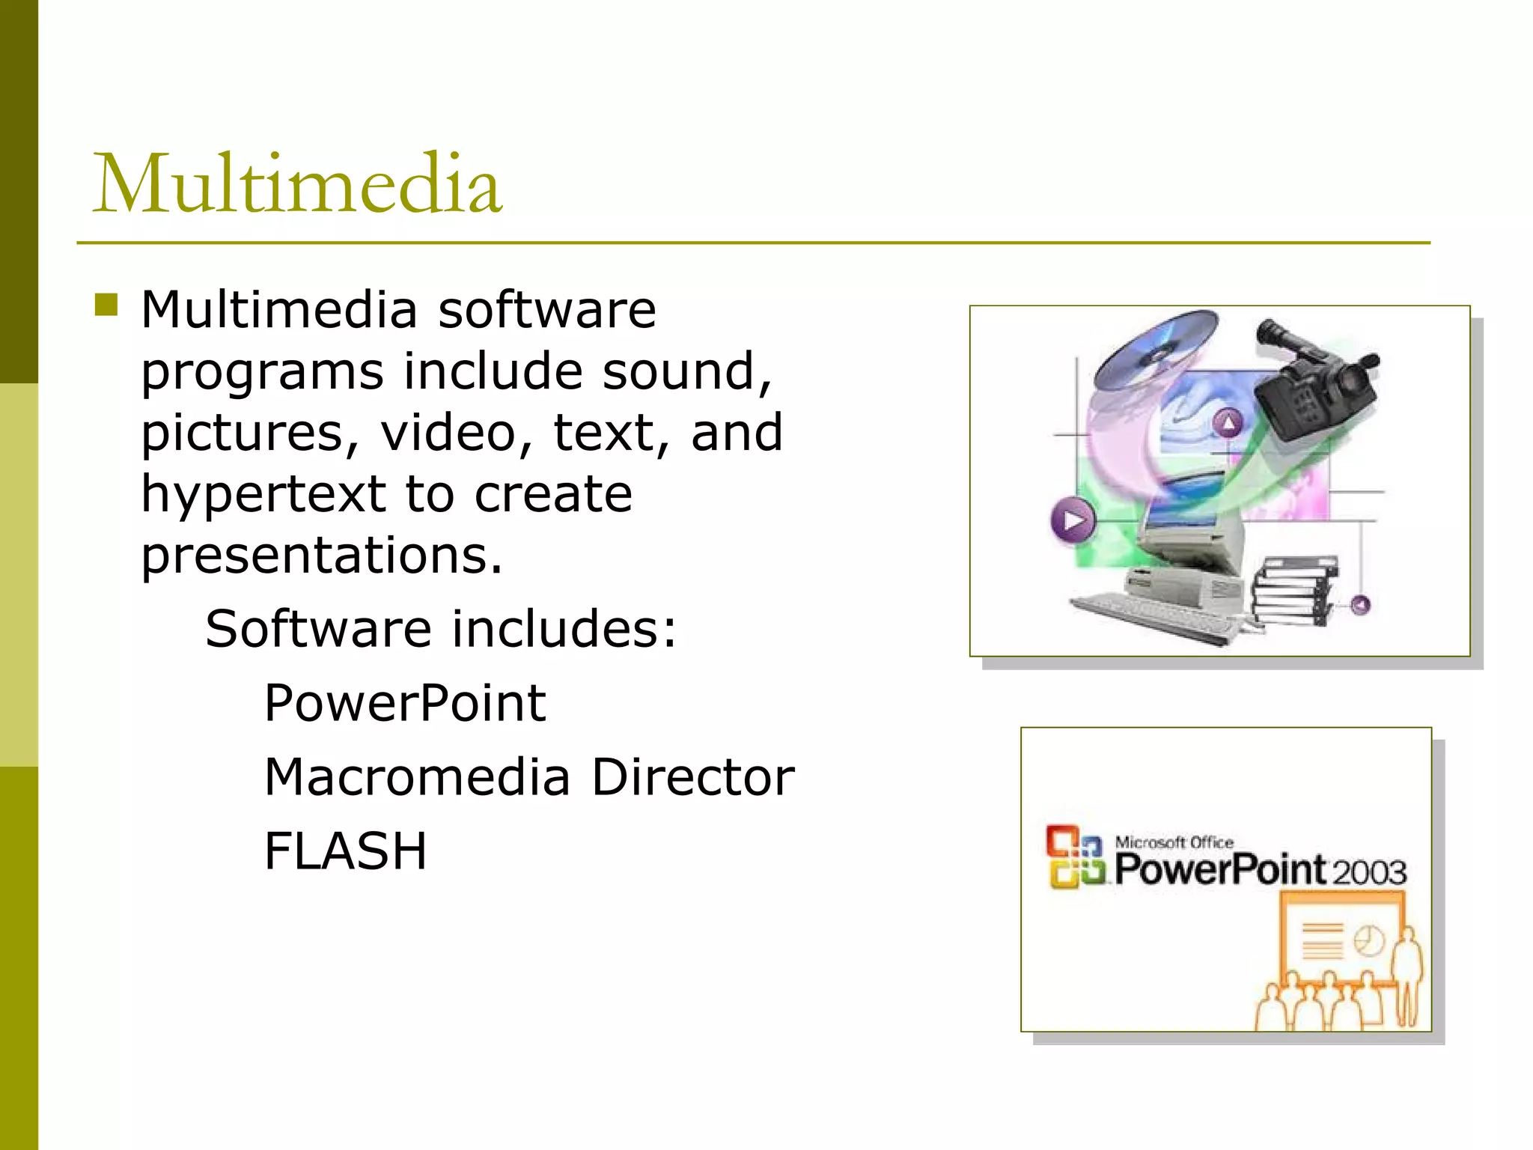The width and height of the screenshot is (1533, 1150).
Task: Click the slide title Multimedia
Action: [296, 183]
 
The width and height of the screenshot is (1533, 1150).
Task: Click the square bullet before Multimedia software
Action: [106, 305]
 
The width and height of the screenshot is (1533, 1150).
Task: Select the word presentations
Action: [322, 556]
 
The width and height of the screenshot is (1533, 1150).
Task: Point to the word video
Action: [457, 433]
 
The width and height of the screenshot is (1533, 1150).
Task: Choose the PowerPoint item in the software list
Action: [405, 703]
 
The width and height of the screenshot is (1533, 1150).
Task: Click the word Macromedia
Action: [418, 777]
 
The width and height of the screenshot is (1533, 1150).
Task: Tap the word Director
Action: [692, 777]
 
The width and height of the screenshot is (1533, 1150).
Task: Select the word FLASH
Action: [345, 851]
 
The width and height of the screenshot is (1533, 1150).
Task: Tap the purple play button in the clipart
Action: [1073, 520]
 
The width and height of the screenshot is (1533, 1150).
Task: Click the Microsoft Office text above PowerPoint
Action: [1174, 842]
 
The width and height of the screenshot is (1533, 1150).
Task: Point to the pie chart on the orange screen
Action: [1369, 941]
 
